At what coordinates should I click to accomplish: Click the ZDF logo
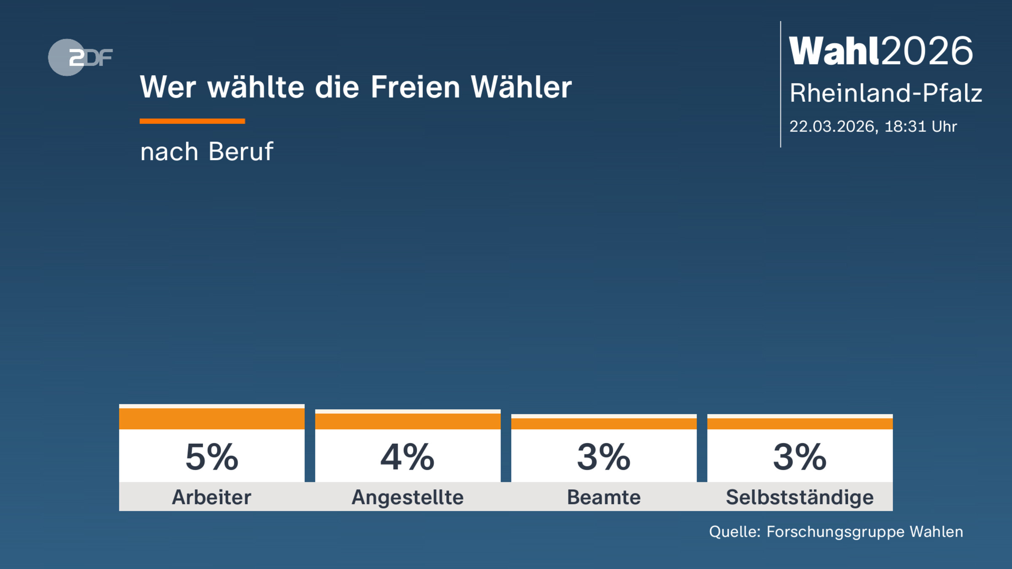(x=80, y=57)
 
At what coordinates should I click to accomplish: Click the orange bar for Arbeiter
(x=212, y=418)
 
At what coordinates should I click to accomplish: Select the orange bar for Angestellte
(x=408, y=421)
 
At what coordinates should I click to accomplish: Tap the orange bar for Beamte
(x=604, y=423)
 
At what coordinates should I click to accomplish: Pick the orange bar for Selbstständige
(x=800, y=423)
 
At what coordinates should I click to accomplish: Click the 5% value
(x=212, y=457)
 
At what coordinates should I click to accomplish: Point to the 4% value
(x=408, y=457)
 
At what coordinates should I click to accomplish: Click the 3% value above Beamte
(x=604, y=457)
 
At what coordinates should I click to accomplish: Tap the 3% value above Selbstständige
(x=800, y=457)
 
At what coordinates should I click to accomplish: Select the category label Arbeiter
(x=212, y=497)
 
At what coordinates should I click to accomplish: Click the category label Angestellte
(x=408, y=497)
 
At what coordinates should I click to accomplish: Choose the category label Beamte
(x=604, y=497)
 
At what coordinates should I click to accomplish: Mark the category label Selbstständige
(x=800, y=497)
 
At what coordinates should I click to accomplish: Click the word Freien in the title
(x=415, y=87)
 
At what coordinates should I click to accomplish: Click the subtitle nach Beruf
(x=207, y=151)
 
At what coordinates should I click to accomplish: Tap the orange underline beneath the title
(x=192, y=121)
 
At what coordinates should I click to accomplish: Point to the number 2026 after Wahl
(x=927, y=51)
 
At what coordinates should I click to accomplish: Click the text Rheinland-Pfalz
(x=886, y=93)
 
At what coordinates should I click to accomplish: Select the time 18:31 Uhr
(x=920, y=126)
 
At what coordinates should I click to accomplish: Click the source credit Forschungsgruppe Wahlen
(x=864, y=532)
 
